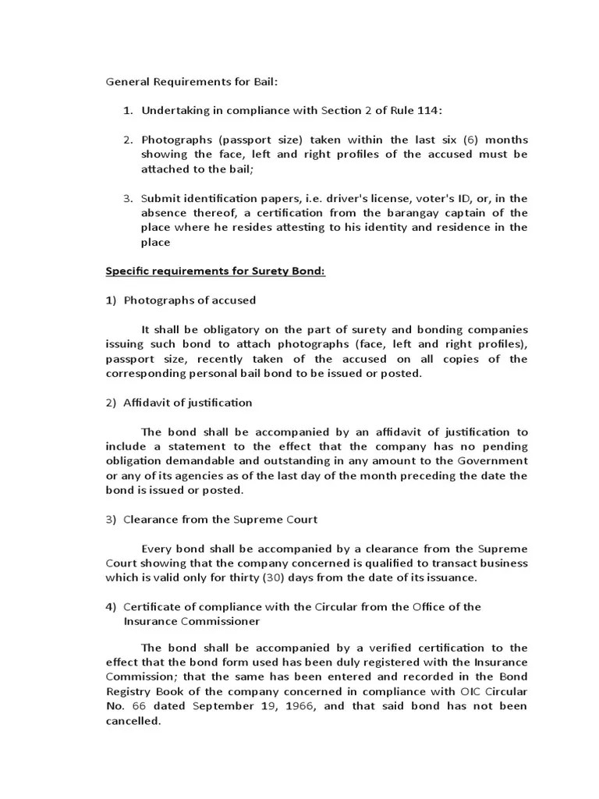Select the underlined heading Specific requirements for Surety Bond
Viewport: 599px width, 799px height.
[x=215, y=272]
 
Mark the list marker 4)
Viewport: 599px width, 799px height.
[x=111, y=607]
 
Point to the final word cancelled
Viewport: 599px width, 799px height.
[x=133, y=721]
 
